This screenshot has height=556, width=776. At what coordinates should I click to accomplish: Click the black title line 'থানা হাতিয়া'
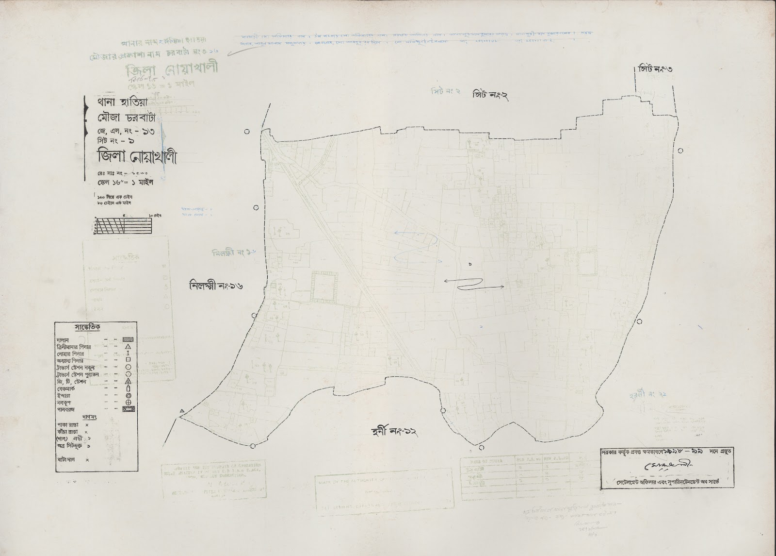click(x=110, y=104)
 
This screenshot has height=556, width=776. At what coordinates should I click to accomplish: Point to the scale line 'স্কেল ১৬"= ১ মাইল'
click(x=125, y=183)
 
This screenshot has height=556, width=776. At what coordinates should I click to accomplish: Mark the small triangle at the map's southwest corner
click(x=182, y=411)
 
